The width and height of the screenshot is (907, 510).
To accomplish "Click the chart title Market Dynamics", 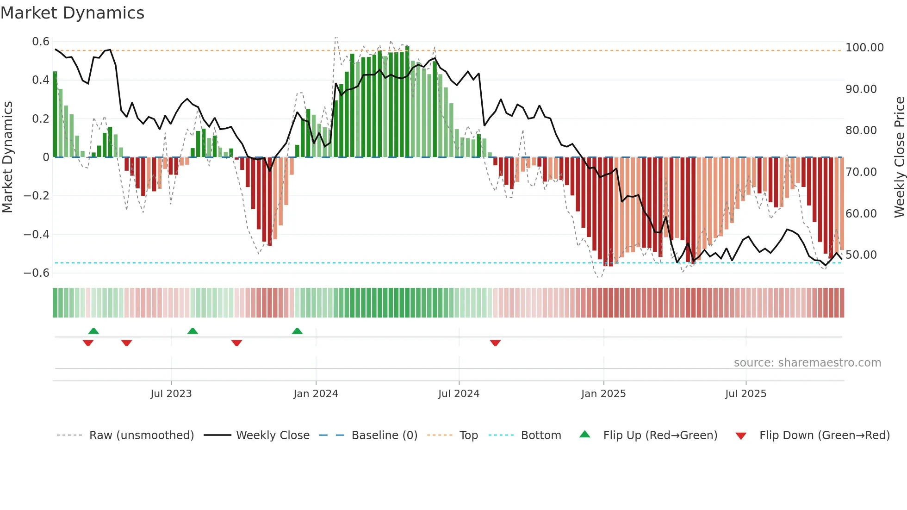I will coord(72,13).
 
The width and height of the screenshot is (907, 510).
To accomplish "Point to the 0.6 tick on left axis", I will coord(41,42).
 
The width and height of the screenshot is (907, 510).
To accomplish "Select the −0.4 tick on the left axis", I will coord(37,234).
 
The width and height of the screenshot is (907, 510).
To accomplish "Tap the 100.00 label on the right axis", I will coord(864,48).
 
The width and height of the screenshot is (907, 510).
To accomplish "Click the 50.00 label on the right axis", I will coord(861,255).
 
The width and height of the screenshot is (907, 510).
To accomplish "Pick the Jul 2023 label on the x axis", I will coord(171,394).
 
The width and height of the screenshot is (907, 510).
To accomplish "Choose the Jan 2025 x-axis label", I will coord(603,394).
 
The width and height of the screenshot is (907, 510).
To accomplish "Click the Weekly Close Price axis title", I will coord(899,157).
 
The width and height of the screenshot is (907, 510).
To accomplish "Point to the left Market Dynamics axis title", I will coord(7,157).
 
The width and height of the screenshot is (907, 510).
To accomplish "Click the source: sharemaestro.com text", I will coord(807,363).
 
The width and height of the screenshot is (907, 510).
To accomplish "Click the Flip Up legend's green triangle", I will coord(585,435).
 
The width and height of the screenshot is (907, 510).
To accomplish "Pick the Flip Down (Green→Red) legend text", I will coord(824,435).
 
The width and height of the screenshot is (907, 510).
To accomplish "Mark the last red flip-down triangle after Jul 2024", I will coord(495,343).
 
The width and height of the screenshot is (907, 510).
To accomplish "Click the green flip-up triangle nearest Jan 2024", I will coord(297,331).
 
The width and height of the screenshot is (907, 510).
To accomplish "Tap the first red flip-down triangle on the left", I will coord(88,343).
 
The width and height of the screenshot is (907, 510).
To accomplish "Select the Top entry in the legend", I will coord(468,435).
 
